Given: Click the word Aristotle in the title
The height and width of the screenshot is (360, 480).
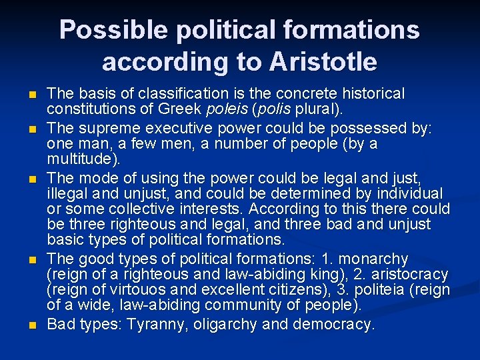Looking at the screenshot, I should pos(323,62).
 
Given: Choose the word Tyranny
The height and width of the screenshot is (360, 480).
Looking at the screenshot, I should pos(150,325).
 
